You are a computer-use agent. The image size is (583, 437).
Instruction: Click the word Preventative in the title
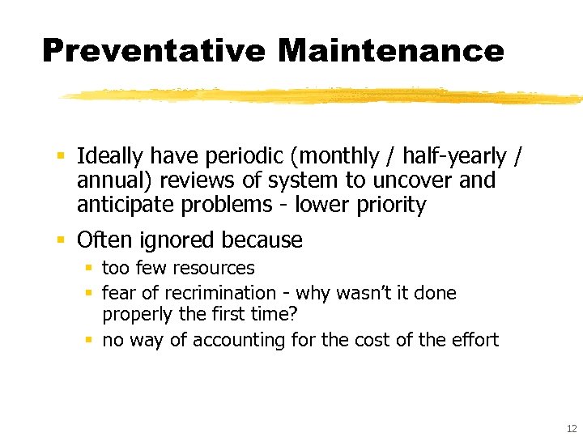coord(152,50)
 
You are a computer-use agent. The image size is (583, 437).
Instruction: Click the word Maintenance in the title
coord(390,50)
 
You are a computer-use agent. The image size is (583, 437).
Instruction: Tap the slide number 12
coord(572,428)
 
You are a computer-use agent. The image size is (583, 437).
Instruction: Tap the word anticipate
coord(126,205)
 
